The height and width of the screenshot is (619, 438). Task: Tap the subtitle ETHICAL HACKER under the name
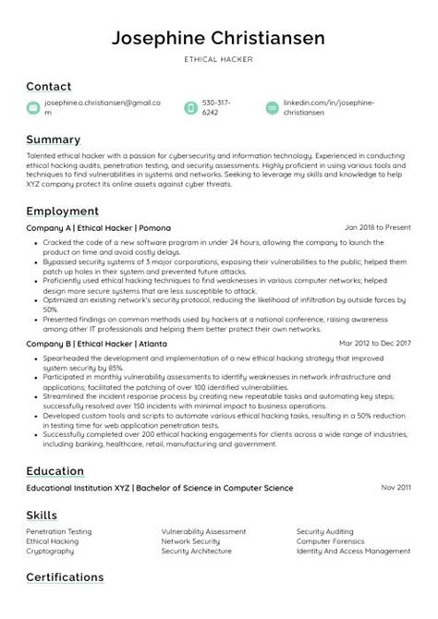pos(219,59)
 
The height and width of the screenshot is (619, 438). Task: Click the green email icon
pos(33,108)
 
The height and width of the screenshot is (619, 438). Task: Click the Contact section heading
pos(48,86)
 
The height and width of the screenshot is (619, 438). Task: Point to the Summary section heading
pos(53,140)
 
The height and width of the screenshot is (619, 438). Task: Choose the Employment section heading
pos(62,211)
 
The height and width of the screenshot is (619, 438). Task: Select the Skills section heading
pos(43,514)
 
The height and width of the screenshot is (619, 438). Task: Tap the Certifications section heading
pos(65,577)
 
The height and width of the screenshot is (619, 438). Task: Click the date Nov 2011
pos(395,487)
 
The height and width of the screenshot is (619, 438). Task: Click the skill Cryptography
pos(50,551)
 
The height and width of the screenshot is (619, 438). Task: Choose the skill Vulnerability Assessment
pos(203,532)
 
